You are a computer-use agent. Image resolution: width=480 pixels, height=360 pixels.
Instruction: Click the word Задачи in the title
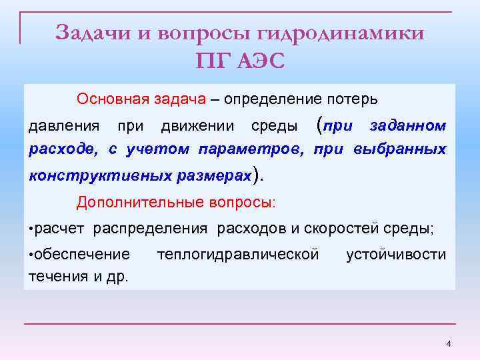(93, 33)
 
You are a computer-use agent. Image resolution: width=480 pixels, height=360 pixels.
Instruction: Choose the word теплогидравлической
(237, 254)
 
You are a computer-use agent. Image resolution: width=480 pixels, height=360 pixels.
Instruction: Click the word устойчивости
(396, 254)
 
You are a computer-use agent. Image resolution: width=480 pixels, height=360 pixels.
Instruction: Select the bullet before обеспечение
(31, 254)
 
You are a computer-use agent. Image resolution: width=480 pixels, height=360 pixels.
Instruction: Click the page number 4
(449, 343)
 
